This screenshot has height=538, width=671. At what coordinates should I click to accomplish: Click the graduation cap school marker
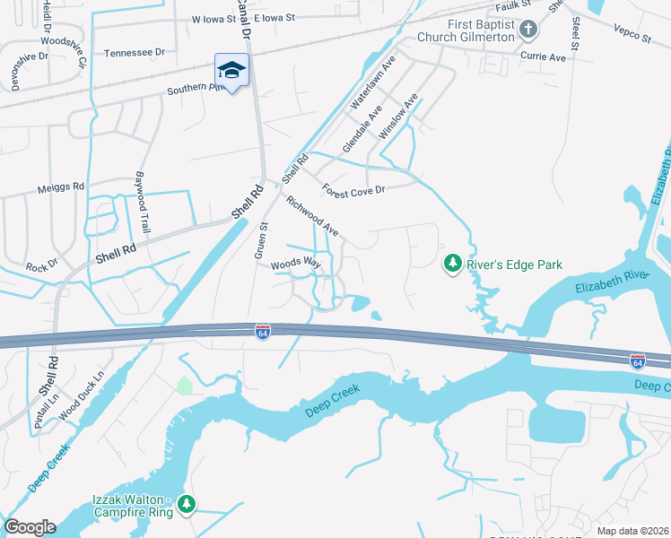click(231, 70)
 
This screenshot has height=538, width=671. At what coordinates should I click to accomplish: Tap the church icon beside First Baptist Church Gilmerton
click(528, 30)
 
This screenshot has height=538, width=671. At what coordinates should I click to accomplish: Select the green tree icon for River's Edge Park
click(453, 263)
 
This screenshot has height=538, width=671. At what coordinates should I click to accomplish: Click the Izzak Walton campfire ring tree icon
click(187, 504)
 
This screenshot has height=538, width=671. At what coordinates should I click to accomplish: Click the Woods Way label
click(296, 263)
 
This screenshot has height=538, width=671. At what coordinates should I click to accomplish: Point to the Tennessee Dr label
click(135, 53)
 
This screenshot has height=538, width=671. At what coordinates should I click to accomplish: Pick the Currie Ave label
click(544, 56)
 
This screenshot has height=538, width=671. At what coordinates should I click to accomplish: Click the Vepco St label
click(632, 35)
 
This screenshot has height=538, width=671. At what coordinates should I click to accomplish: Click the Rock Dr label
click(41, 265)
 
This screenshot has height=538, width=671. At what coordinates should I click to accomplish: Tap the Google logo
click(30, 526)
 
